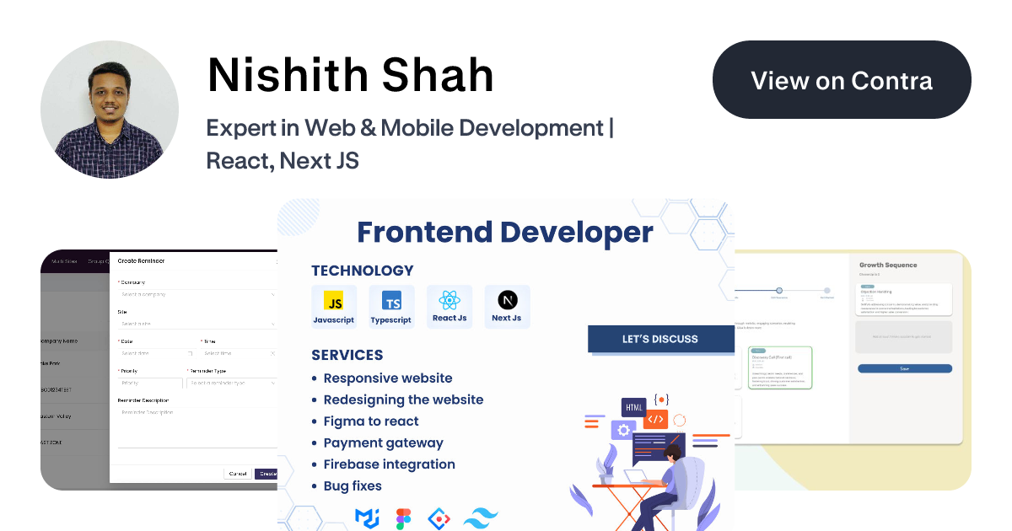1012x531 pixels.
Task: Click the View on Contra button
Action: pos(842,80)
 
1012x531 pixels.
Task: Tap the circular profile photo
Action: pos(110,110)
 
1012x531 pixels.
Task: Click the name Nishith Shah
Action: pos(351,75)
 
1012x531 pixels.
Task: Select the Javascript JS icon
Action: pos(334,302)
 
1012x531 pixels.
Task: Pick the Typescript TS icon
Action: pos(391,302)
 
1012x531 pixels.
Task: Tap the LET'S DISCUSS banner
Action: pos(660,339)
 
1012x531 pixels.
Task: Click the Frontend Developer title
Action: pos(504,233)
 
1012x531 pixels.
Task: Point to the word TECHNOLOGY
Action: pos(363,271)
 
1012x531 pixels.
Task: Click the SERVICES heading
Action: pos(347,355)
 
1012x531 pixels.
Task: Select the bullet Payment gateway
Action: pos(383,442)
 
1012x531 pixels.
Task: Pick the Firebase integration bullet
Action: pos(389,464)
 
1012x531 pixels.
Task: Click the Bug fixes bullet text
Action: pos(353,486)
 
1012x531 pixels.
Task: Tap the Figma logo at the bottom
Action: pos(403,518)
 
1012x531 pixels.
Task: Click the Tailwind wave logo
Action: pos(482,518)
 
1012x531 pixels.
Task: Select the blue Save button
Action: pos(905,368)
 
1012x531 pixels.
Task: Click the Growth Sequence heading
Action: pos(888,265)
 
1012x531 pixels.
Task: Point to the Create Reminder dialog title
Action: pos(141,261)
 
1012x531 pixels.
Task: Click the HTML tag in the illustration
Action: pos(633,408)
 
